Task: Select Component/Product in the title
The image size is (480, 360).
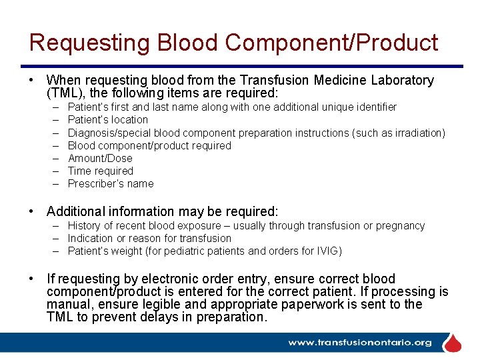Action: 331,43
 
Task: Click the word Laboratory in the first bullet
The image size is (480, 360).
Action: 401,81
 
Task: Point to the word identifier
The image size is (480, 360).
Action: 373,107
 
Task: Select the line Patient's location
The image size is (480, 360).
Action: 108,120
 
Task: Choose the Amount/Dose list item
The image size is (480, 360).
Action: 100,158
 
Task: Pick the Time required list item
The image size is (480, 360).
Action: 101,171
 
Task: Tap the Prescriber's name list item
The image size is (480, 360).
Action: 111,183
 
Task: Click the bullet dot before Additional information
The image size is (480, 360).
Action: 32,212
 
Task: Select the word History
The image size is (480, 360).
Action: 84,225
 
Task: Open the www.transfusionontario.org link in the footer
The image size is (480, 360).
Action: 360,343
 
